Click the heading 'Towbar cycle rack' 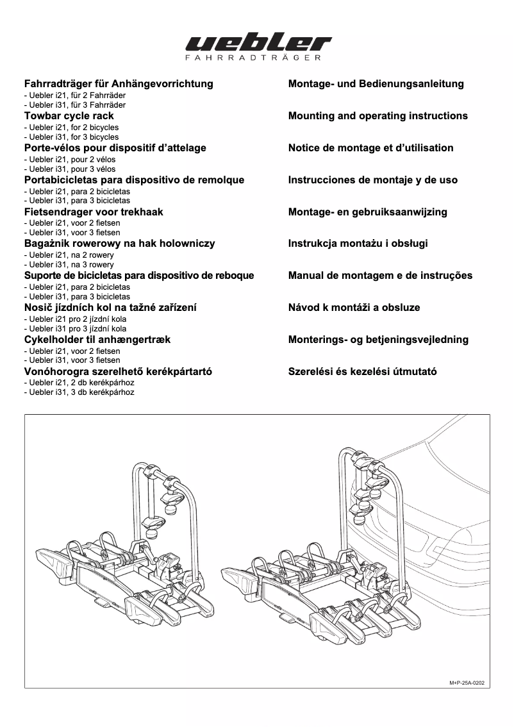[x=69, y=116]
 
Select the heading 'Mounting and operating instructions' [x=378, y=116]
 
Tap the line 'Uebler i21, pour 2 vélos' [x=69, y=160]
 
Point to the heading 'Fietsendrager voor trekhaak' [x=94, y=212]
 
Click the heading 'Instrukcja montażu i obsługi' [x=358, y=244]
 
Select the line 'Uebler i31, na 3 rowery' [x=69, y=265]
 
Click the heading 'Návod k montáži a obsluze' [x=354, y=308]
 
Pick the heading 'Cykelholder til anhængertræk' [x=97, y=340]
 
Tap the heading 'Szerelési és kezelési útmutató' [x=363, y=372]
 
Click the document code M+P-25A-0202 [x=467, y=683]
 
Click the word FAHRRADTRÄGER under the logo [x=258, y=58]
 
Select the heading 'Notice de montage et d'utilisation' [x=371, y=148]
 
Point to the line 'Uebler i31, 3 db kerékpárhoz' [x=79, y=392]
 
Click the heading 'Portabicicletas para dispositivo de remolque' [x=134, y=180]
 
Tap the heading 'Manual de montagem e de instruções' [x=380, y=276]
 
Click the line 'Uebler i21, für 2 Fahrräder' [x=74, y=96]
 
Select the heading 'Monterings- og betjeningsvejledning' [x=378, y=340]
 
